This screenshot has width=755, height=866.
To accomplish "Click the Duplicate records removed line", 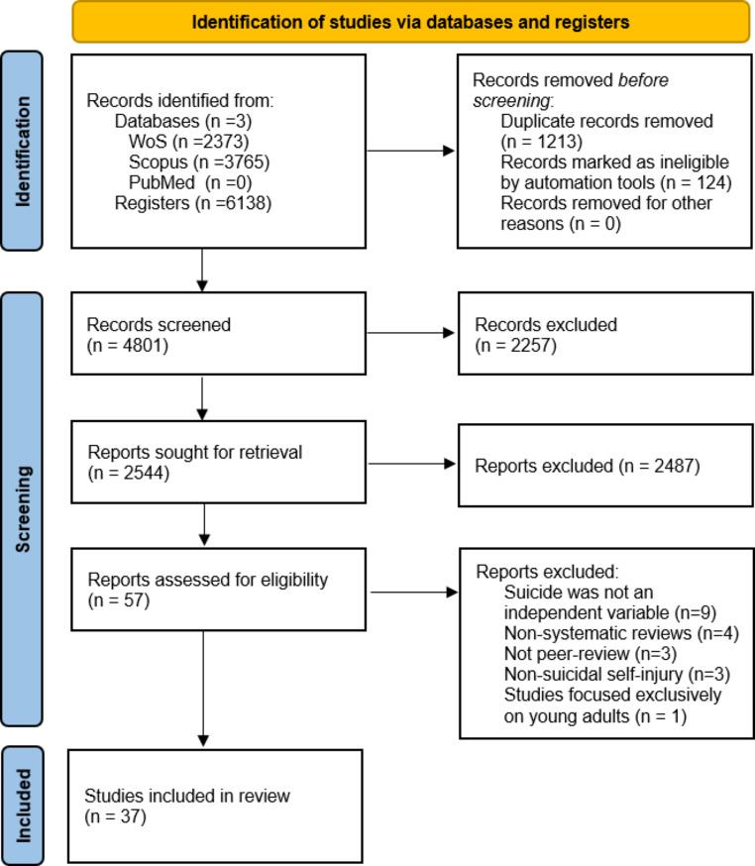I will click(x=607, y=121).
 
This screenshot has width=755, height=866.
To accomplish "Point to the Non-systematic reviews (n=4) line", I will click(x=620, y=633).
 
